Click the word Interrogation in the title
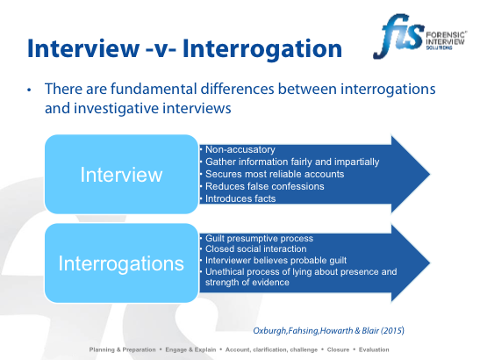(262, 48)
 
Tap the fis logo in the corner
(419, 36)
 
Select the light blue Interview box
(121, 174)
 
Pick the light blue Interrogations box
(121, 263)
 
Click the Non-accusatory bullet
(240, 149)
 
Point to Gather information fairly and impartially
(292, 162)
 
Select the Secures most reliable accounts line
(275, 174)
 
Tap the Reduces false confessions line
(264, 186)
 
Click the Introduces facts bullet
(240, 198)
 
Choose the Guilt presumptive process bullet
(259, 238)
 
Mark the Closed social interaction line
(256, 248)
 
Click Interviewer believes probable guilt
(276, 261)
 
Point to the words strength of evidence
(247, 282)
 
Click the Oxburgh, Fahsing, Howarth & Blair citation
(328, 331)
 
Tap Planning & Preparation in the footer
(123, 349)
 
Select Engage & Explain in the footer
(190, 349)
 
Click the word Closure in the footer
(338, 349)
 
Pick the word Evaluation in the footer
(374, 349)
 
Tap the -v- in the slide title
(161, 49)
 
